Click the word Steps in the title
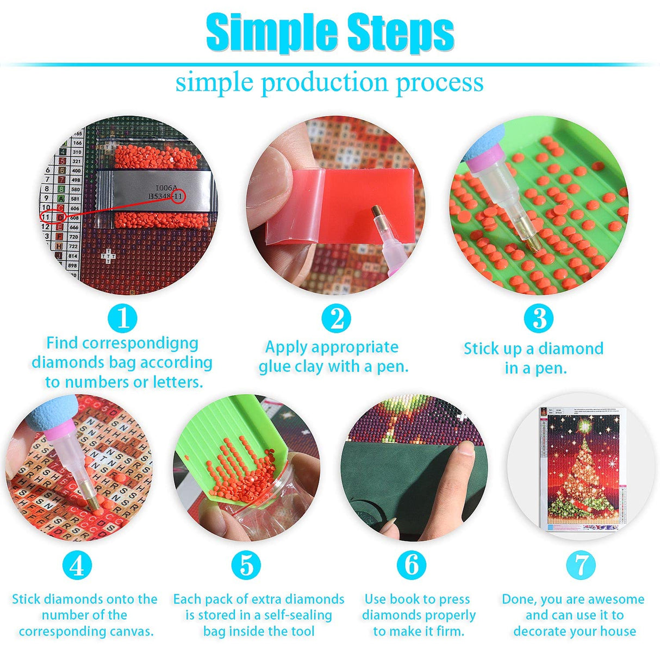400,33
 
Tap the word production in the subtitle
325,83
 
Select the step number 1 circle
122,318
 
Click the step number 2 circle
336,318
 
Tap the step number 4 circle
77,565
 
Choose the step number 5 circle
246,565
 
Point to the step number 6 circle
412,565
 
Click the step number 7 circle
581,565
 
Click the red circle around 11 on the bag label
178,196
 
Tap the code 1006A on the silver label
166,188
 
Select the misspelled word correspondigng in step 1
122,343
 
